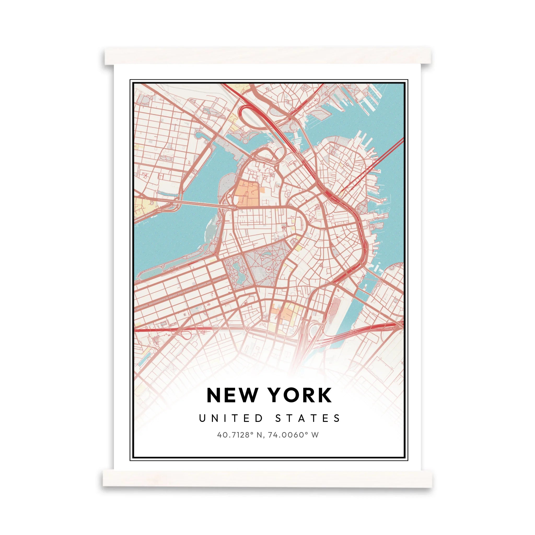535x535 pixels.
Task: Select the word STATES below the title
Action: (308, 418)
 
